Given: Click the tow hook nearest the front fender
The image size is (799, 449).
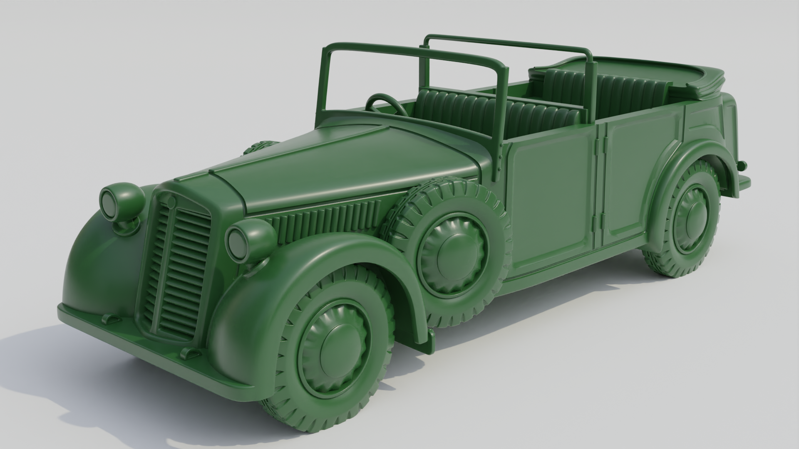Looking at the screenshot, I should (x=190, y=354).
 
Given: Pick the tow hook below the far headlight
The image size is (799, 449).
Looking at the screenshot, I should (x=109, y=319).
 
